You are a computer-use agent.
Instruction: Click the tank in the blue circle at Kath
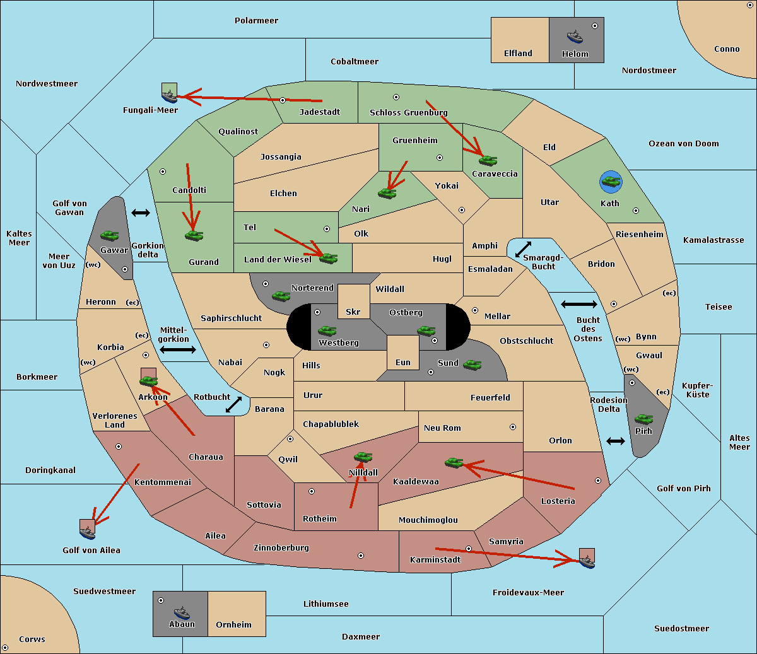click(x=611, y=182)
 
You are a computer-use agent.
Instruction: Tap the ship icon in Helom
click(x=575, y=37)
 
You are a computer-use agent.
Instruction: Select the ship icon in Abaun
click(x=182, y=613)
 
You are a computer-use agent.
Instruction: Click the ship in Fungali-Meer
click(x=170, y=96)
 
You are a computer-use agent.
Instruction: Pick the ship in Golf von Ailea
click(x=88, y=533)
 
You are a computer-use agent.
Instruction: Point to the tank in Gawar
click(x=110, y=235)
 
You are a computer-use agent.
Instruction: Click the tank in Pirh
click(x=643, y=419)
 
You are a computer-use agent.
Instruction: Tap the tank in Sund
click(x=472, y=365)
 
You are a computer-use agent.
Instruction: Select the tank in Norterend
click(x=281, y=296)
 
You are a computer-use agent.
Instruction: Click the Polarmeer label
click(x=256, y=21)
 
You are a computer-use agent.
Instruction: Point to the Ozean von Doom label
click(x=683, y=144)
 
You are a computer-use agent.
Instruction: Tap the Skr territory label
click(x=353, y=312)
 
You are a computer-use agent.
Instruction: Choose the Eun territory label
click(x=403, y=362)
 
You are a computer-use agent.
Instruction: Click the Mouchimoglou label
click(x=428, y=520)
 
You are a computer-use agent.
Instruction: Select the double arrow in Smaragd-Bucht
click(x=523, y=249)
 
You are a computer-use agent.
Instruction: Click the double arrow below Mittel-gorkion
click(x=178, y=349)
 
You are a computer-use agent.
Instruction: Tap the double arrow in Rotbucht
click(x=233, y=404)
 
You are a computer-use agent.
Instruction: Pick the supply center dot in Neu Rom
click(x=513, y=427)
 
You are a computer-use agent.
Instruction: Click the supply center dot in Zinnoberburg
click(x=361, y=556)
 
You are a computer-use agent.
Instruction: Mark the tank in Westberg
click(x=327, y=330)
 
